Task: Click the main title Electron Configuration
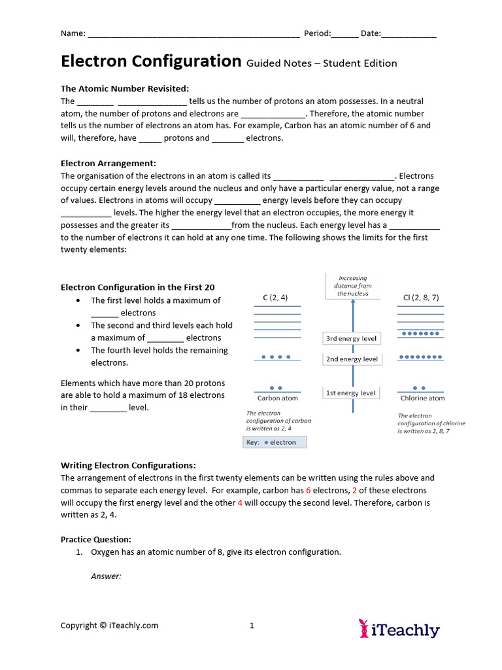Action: click(x=151, y=62)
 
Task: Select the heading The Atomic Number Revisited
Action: click(x=125, y=88)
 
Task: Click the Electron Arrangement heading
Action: click(x=109, y=163)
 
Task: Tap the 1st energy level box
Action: click(x=351, y=393)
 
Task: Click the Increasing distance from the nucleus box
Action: click(x=353, y=286)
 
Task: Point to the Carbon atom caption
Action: click(x=277, y=398)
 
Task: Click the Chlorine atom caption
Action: click(x=422, y=398)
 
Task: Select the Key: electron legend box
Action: click(x=275, y=442)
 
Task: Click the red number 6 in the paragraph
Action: click(x=309, y=491)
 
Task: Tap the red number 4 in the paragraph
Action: click(x=240, y=503)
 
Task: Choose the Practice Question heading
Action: click(x=96, y=540)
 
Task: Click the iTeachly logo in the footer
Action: click(x=399, y=629)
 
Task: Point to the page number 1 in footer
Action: click(x=252, y=626)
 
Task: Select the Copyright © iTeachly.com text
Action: click(x=109, y=626)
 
